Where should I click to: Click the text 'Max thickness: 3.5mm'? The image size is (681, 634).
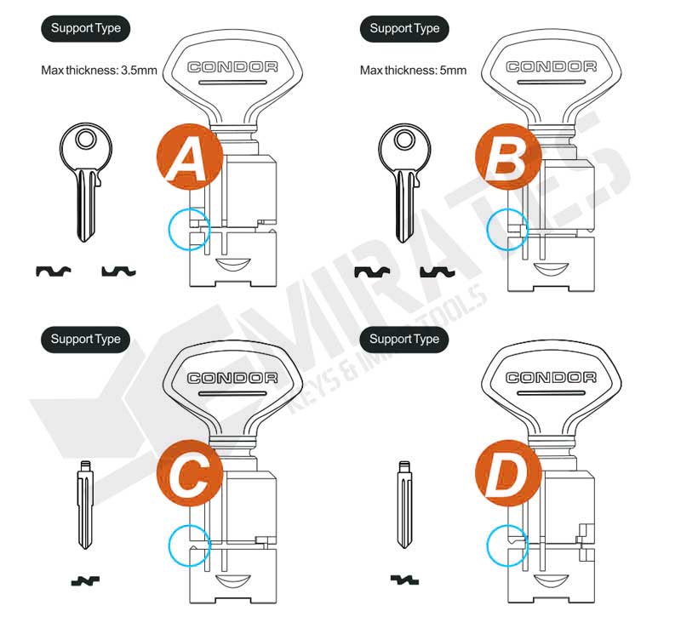pyautogui.click(x=99, y=70)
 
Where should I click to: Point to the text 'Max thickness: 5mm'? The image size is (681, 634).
pyautogui.click(x=414, y=70)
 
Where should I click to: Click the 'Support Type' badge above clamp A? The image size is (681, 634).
pyautogui.click(x=85, y=28)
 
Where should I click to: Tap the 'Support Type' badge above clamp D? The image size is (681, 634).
pyautogui.click(x=404, y=339)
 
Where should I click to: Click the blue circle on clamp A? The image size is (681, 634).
pyautogui.click(x=188, y=228)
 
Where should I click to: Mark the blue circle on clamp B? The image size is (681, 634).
pyautogui.click(x=507, y=228)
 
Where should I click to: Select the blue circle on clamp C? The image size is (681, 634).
pyautogui.click(x=188, y=542)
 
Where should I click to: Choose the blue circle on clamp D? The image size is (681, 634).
pyautogui.click(x=507, y=542)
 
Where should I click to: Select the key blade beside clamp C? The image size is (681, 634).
pyautogui.click(x=85, y=505)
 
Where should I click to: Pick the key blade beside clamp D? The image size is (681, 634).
pyautogui.click(x=405, y=505)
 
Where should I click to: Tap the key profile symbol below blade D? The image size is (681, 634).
pyautogui.click(x=405, y=580)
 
